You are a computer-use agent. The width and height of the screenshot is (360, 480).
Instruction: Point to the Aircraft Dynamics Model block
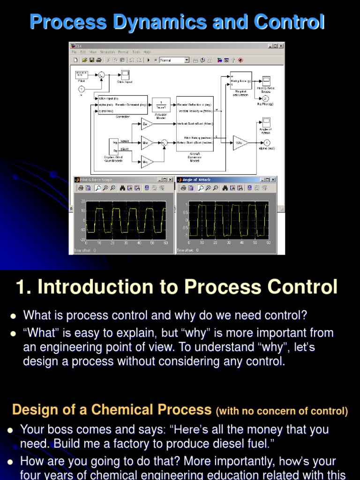tap(195, 124)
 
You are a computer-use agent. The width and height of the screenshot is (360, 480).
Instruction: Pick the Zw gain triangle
tap(146, 124)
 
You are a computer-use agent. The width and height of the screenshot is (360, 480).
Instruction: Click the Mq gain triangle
tap(146, 161)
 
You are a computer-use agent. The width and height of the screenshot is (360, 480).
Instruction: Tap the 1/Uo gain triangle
tap(239, 142)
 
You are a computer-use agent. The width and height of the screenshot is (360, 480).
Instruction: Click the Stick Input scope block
tap(125, 74)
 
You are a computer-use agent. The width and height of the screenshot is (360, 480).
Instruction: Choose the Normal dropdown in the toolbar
tap(174, 60)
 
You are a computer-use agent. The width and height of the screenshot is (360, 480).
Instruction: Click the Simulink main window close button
tap(281, 46)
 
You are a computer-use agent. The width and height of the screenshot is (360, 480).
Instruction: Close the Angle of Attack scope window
tap(273, 180)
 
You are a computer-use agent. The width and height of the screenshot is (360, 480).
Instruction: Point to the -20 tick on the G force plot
tap(82, 239)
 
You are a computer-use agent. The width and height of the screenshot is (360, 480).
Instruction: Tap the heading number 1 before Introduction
tap(20, 287)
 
